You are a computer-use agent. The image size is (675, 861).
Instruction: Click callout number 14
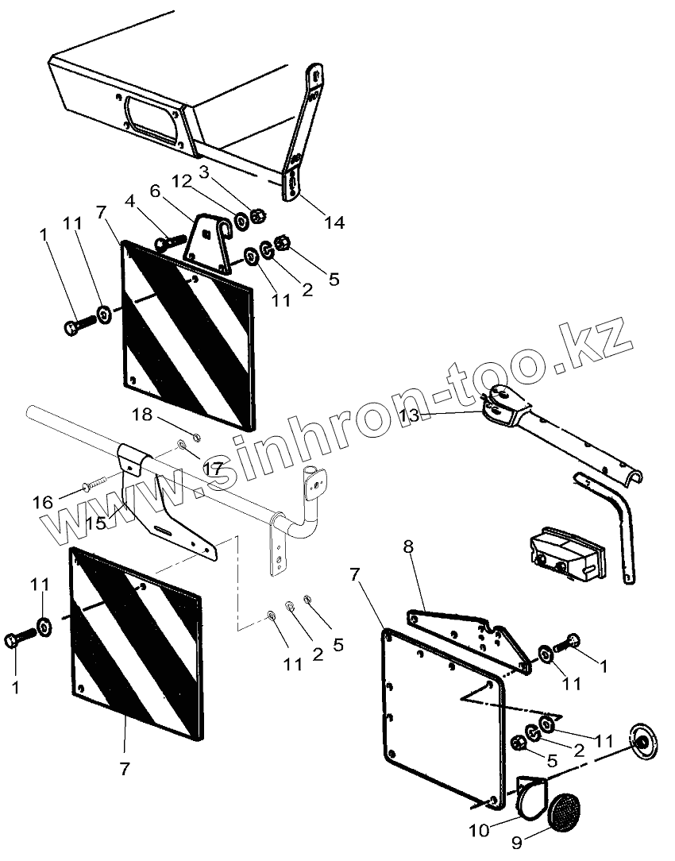[x=334, y=222]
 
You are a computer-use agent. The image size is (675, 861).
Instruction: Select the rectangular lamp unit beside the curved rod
[x=566, y=554]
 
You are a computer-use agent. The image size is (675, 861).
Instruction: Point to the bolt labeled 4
[x=171, y=241]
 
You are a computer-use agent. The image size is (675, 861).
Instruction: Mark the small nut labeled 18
[x=196, y=438]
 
